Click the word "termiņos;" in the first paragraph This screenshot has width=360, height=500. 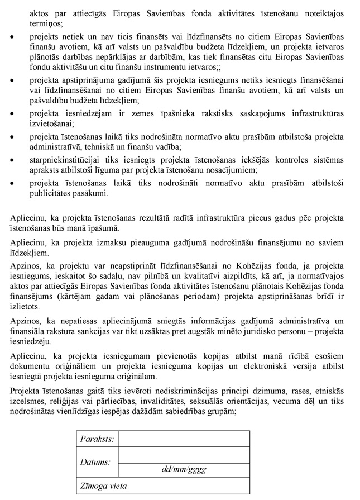coord(46,24)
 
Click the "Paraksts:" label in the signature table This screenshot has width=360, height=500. coord(97,439)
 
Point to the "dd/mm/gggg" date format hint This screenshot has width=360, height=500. coord(184,469)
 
